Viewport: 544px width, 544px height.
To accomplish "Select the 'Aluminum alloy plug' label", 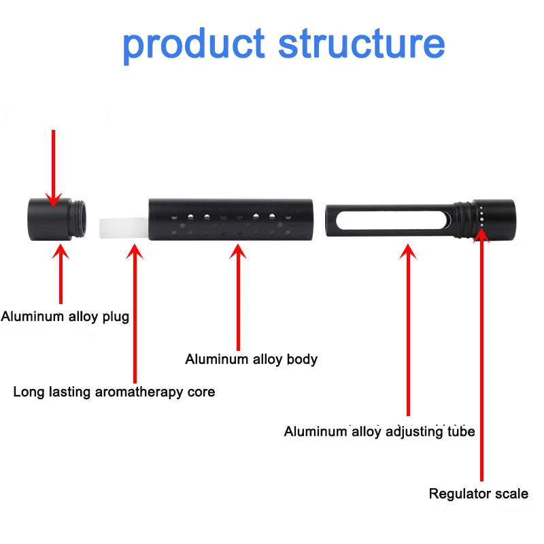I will tap(65, 316).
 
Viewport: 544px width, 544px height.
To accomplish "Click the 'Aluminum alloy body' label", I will tap(251, 359).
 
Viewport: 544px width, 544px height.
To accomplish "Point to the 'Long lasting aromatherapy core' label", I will tap(114, 392).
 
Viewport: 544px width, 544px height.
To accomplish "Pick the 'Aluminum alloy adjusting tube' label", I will tap(379, 431).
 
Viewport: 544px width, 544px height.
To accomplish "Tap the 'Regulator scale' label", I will tap(478, 494).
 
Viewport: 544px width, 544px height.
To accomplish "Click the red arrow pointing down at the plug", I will tap(53, 167).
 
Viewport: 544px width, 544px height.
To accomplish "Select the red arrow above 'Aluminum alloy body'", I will tap(238, 299).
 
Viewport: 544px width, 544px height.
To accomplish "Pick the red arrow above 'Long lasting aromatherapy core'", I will tap(135, 313).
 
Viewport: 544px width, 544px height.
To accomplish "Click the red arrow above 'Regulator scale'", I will tap(482, 354).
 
